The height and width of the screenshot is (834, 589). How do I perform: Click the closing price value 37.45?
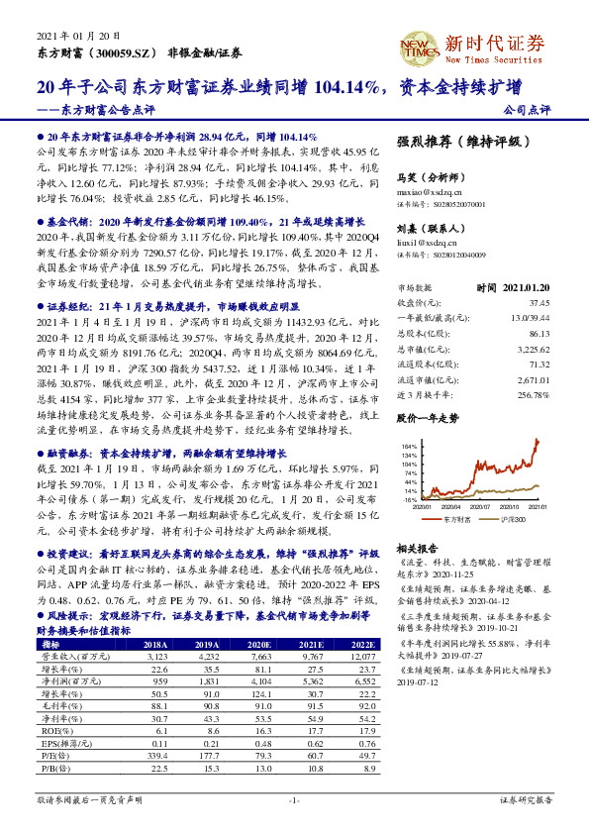(539, 301)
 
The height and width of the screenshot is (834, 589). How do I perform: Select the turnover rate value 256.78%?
(533, 394)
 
